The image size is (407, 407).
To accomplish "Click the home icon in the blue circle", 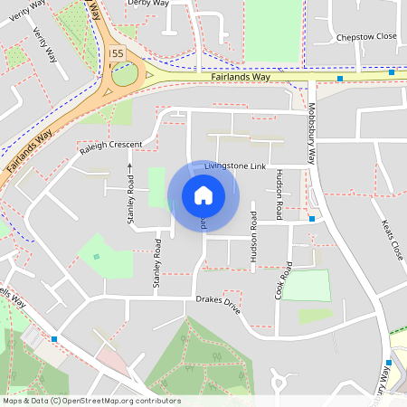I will (203, 195).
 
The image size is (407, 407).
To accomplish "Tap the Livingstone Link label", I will (234, 167).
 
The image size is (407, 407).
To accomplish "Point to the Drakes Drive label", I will (219, 304).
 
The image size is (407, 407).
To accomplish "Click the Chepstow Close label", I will (366, 37).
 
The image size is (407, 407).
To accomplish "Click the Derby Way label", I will (148, 4).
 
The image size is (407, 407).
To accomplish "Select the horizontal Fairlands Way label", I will (241, 77).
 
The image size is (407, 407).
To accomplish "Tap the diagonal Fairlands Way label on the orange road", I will (30, 150).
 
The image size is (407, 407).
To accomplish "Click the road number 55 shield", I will (116, 54).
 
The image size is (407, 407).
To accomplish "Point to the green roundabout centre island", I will (125, 74).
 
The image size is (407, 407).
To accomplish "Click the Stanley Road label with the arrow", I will (130, 194).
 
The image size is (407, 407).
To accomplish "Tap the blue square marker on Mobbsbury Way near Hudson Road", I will (311, 219).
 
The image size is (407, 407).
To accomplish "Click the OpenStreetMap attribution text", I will (90, 401).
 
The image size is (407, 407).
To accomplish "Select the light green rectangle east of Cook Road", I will (307, 285).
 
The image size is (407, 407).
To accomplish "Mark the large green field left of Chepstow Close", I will (271, 32).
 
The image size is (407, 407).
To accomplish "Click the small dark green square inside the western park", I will (96, 256).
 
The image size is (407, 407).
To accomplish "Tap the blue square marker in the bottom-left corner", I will (54, 339).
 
